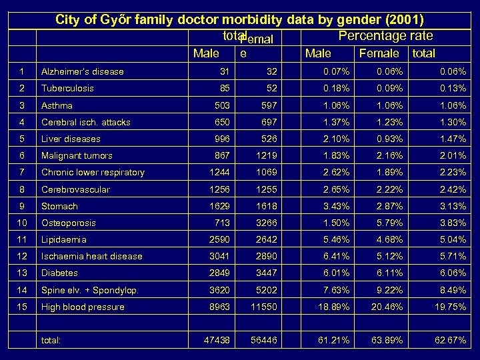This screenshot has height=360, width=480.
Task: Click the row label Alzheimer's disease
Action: coord(83,71)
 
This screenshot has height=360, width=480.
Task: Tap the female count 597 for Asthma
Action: coord(267,105)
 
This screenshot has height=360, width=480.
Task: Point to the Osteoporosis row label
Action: coord(69,223)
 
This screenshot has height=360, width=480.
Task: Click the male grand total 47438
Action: coord(216,340)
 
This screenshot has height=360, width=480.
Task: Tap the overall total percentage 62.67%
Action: coord(450,340)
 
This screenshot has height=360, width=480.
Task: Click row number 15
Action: coord(22,307)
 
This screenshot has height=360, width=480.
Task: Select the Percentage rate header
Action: coord(385,36)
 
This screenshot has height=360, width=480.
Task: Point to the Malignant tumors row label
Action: coord(77,155)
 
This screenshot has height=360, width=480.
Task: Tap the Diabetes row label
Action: coord(59,273)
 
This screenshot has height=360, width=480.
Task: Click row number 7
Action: coord(22,172)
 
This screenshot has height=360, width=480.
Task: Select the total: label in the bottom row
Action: coord(51,340)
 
